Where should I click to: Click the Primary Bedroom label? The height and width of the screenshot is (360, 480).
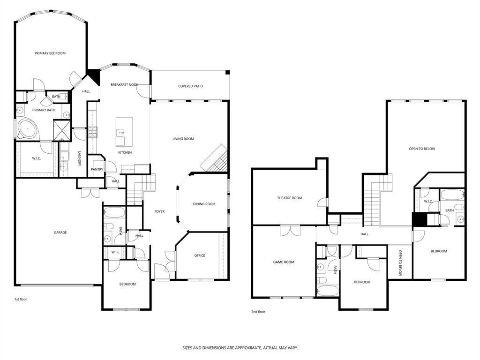[50, 53]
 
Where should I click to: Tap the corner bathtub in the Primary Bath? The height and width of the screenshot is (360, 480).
[28, 128]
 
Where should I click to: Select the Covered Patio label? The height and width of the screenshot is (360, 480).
[190, 86]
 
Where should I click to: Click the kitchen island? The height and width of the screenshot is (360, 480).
[124, 132]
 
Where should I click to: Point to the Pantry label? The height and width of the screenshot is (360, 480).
[97, 169]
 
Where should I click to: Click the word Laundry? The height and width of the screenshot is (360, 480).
[79, 158]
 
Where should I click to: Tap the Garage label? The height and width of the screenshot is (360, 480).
[60, 232]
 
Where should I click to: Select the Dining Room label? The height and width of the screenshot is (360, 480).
[204, 204]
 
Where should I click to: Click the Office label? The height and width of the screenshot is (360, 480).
[200, 255]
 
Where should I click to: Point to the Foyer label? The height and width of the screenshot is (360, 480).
[159, 211]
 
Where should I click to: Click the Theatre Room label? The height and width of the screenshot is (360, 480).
[290, 198]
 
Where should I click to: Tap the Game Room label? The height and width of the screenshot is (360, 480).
[284, 262]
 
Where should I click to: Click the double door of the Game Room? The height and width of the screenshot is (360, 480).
[290, 231]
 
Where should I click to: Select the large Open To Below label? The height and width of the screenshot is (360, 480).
[422, 149]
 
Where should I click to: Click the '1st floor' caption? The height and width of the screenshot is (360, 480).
[21, 299]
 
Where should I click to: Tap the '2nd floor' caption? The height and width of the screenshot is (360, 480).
[258, 312]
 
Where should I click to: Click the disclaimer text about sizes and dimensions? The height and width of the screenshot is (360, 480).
[240, 348]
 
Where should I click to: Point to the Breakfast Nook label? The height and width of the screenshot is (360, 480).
[124, 84]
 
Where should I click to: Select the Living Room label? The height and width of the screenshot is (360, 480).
[183, 139]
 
